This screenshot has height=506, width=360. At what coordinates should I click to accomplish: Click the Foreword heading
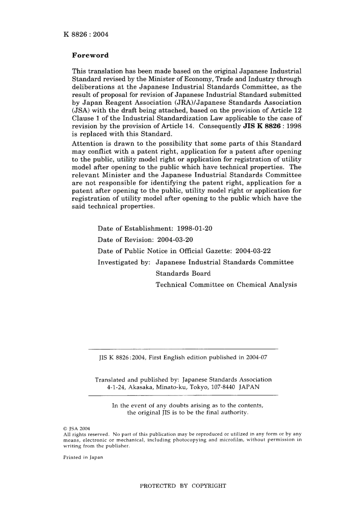(90, 55)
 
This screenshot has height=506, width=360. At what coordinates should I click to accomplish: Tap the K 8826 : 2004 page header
(86, 34)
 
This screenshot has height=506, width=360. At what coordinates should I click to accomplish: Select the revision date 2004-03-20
(175, 240)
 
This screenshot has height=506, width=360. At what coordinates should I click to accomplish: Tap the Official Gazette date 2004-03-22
(253, 251)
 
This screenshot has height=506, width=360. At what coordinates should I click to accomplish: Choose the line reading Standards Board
(183, 273)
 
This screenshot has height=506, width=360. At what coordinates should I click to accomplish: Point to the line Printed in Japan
(83, 457)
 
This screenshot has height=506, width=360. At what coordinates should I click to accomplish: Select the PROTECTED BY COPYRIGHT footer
(183, 486)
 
